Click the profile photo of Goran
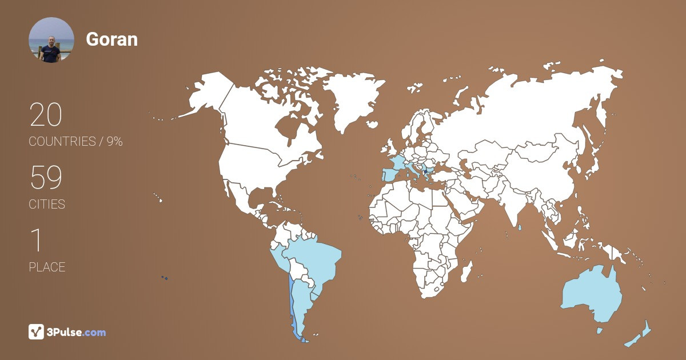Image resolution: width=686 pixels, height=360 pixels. tap(51, 40)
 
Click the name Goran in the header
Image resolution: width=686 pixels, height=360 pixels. tap(111, 39)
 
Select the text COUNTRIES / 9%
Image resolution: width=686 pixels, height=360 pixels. tap(75, 141)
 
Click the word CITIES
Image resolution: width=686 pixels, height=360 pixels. tap(47, 204)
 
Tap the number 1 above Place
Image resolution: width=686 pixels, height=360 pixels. tap(36, 241)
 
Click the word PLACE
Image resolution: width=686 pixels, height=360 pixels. tap(47, 267)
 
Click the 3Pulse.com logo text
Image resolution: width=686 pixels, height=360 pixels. tap(76, 332)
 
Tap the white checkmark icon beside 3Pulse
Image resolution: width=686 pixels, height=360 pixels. tap(36, 332)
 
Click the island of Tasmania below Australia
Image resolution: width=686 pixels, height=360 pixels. tap(600, 330)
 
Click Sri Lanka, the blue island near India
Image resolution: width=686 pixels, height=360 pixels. tap(520, 228)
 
